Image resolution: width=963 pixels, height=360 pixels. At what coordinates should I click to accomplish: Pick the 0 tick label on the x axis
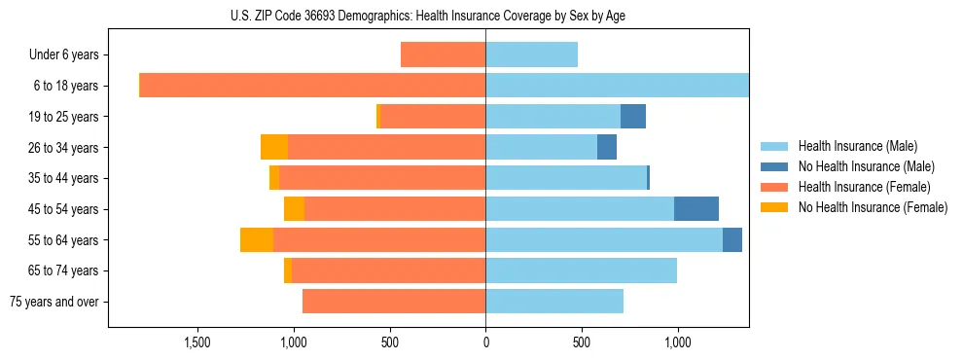[x=485, y=342]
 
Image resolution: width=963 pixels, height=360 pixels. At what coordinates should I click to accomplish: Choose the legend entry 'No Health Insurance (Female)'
[x=873, y=207]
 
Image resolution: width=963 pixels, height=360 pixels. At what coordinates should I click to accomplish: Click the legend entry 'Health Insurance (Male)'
[x=858, y=146]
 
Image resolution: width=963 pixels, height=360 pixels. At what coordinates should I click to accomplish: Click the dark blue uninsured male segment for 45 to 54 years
[x=696, y=209]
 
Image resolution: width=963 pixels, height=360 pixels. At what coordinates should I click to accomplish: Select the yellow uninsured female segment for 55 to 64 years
[x=257, y=240]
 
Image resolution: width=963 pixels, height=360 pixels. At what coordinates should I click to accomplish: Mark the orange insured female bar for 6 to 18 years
[x=313, y=86]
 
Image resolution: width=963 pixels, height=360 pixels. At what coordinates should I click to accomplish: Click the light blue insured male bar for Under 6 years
[x=531, y=55]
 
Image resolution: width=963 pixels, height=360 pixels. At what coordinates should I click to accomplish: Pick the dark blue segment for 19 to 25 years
[x=633, y=117]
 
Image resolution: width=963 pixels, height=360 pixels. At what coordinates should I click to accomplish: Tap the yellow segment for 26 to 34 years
[x=274, y=148]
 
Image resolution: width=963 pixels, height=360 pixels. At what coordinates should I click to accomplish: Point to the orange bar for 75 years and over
[x=394, y=302]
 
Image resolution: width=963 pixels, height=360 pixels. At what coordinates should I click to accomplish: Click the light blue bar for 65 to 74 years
[x=581, y=270]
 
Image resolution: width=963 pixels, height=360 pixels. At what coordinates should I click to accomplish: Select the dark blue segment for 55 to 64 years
[x=732, y=240]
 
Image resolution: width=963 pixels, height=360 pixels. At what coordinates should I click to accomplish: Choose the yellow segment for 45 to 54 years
[x=294, y=209]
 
